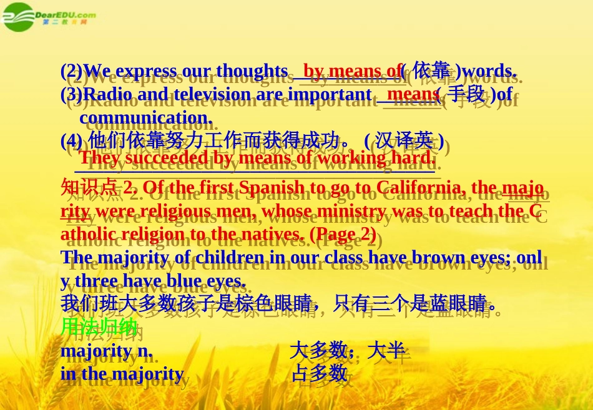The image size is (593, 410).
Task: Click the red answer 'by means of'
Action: (x=352, y=71)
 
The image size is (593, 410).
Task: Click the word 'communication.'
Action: (x=146, y=117)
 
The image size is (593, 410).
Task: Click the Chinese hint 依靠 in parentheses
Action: (x=431, y=71)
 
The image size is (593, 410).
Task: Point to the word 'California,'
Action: (x=410, y=187)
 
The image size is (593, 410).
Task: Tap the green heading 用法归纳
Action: (x=99, y=326)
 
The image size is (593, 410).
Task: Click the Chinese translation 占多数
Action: (x=319, y=373)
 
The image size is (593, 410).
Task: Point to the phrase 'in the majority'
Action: (x=122, y=374)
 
